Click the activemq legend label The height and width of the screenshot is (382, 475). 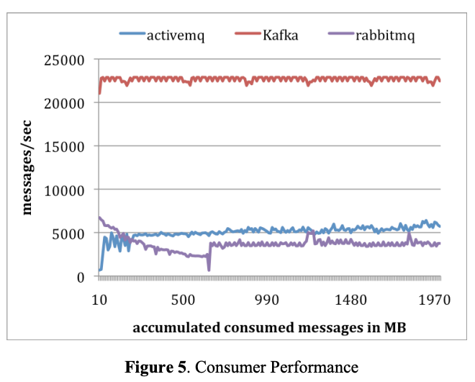(175, 35)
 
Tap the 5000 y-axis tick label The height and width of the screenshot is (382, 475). (70, 234)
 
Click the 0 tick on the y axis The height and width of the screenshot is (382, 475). (82, 277)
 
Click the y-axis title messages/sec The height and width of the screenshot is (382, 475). (28, 168)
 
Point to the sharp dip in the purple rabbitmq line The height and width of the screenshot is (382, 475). (209, 269)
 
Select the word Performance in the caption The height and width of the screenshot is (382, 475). (319, 367)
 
